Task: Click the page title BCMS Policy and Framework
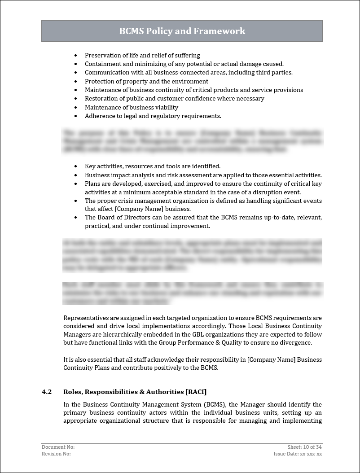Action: pyautogui.click(x=182, y=31)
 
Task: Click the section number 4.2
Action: pyautogui.click(x=47, y=392)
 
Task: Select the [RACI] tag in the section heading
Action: pyautogui.click(x=193, y=392)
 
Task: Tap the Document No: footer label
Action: pyautogui.click(x=58, y=447)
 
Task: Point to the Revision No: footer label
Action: pyautogui.click(x=56, y=454)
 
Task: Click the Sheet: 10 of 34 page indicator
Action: pyautogui.click(x=305, y=447)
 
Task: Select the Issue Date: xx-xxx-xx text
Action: pyautogui.click(x=298, y=454)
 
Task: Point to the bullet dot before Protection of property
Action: pyautogui.click(x=76, y=82)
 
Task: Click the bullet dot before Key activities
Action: pyautogui.click(x=76, y=166)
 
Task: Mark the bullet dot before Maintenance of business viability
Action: pyautogui.click(x=76, y=108)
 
